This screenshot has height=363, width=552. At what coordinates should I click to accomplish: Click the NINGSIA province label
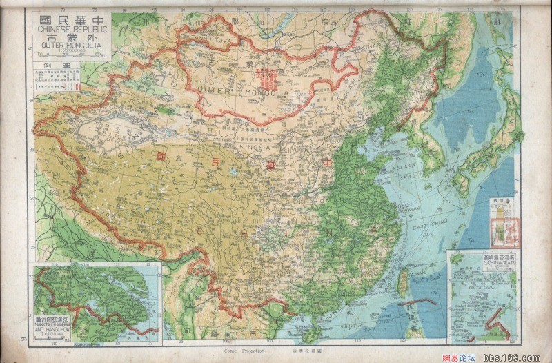[x=257, y=146]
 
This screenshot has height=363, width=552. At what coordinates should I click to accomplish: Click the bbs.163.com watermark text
[x=522, y=357]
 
